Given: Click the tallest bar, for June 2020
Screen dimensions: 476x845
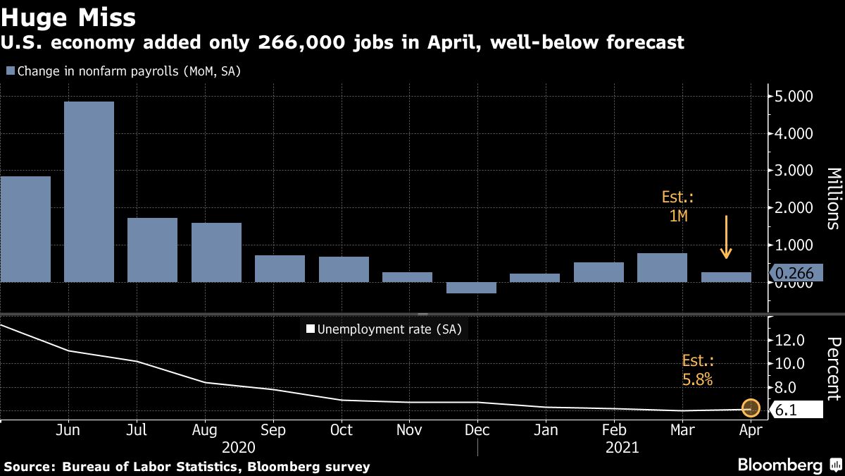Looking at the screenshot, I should tap(89, 191).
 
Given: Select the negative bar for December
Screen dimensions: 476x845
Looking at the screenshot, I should tap(471, 288).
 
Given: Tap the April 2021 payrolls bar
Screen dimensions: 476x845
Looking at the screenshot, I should tap(726, 277).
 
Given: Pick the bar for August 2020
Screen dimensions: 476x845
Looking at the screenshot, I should tap(216, 252).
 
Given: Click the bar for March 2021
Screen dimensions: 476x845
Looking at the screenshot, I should tap(662, 267).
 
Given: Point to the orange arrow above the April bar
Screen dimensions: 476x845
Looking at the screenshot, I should tap(726, 237).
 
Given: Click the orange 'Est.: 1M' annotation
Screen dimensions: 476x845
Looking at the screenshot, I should tap(678, 207).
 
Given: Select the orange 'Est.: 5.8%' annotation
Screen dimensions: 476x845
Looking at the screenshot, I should tap(698, 370).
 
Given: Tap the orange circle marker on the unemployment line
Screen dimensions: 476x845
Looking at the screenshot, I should tap(751, 408).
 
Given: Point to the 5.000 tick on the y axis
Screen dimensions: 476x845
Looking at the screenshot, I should tap(794, 96).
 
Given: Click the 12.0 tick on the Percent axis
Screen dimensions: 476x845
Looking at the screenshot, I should tap(789, 340).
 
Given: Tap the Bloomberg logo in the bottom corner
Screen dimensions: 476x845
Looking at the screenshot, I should tap(780, 465).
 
